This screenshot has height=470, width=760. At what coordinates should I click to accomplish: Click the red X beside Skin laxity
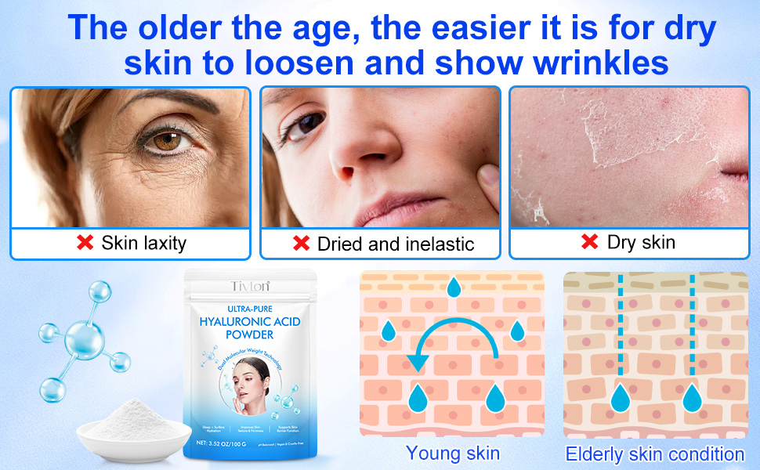pos(85,243)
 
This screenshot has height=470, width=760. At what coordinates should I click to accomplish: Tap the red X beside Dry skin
pos(590,242)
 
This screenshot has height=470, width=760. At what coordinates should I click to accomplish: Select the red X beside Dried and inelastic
pos(300,244)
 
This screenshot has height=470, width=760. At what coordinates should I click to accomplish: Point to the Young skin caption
pos(452,453)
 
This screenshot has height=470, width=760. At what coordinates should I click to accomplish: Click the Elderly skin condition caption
pos(655,454)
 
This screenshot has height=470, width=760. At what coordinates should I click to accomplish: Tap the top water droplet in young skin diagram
pos(454,288)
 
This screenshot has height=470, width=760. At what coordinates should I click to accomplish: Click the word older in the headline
pos(193,29)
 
